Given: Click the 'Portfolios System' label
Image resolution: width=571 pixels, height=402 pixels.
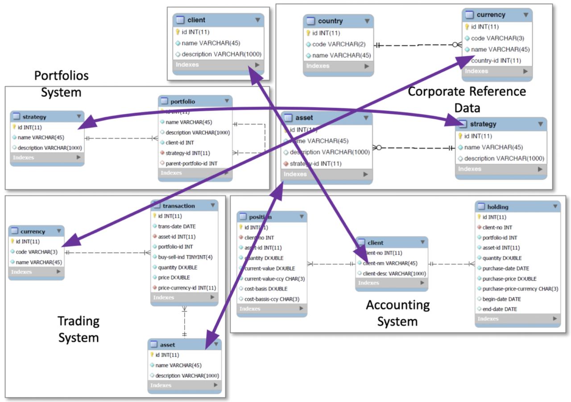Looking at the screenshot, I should tap(61, 84).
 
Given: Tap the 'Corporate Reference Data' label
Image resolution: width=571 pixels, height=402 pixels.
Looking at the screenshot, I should tap(467, 99).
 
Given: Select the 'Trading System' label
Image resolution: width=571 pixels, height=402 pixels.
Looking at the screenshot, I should tap(78, 329).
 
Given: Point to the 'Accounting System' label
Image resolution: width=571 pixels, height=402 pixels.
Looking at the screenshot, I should tap(397, 313).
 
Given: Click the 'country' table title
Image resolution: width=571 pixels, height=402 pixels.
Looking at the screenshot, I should tap(330, 21).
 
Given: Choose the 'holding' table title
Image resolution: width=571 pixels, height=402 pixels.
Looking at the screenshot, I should tap(498, 207).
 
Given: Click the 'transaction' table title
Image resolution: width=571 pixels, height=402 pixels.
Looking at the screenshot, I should tap(178, 206).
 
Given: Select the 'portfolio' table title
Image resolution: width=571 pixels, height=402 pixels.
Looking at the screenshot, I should tap(182, 101).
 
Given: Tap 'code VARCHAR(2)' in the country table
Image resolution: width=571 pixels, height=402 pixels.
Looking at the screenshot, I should tap(332, 44).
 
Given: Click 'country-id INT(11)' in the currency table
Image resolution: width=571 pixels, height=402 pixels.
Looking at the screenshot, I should tap(496, 61).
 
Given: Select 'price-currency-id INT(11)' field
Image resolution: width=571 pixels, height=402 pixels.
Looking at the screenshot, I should tap(187, 288).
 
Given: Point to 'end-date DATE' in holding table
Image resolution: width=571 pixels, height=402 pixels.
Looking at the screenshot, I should tap(500, 309).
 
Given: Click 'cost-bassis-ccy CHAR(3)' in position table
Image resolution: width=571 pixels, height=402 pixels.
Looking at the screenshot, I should tap(272, 298).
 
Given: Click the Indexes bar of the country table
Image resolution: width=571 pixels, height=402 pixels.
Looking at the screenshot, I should tap(338, 66).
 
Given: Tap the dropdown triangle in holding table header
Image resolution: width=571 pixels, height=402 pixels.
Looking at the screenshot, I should tap(555, 207).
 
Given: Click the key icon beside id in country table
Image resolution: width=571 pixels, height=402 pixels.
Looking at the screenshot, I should tap(308, 33).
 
